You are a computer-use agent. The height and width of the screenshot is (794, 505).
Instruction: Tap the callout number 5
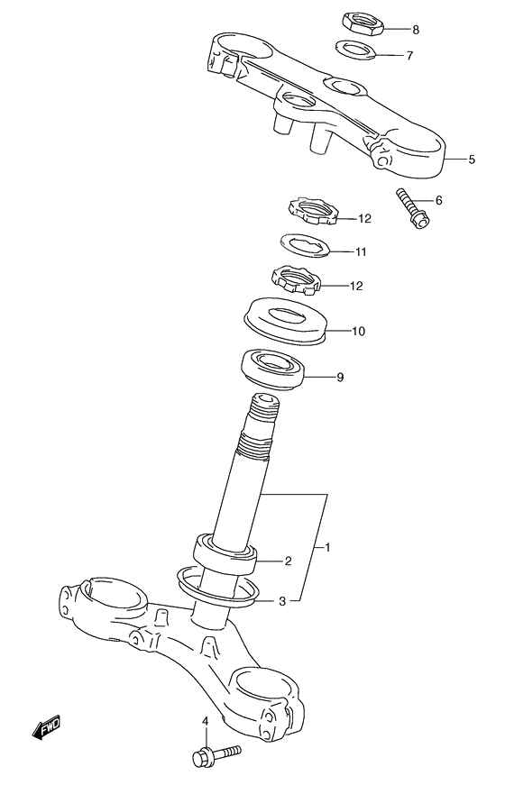(472, 160)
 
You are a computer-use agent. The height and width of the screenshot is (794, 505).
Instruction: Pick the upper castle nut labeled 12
(311, 213)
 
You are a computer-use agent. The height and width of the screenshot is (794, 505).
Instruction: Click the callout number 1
(329, 547)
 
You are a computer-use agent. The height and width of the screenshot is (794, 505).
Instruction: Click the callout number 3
(282, 601)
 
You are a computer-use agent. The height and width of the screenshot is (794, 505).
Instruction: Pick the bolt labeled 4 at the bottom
(215, 753)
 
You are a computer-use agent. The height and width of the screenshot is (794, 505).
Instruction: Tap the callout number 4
(205, 720)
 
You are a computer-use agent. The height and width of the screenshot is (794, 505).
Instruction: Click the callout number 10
(358, 331)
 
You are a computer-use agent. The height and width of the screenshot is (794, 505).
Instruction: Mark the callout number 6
(438, 200)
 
